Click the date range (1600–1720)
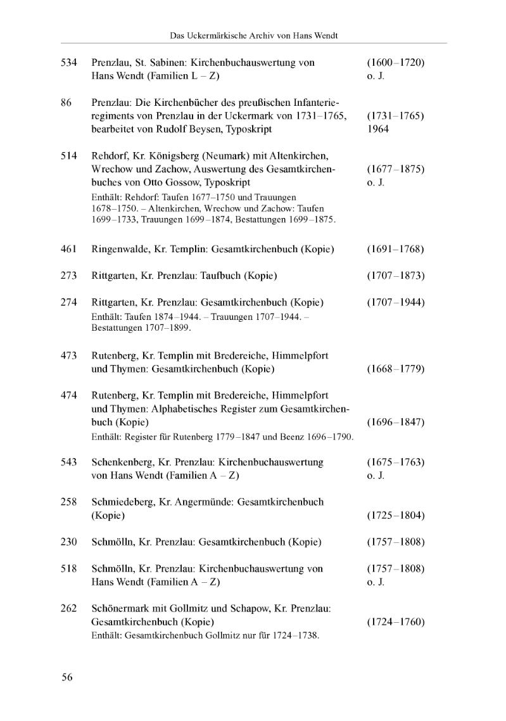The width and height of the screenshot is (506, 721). coord(395,63)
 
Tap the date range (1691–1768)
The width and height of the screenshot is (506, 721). coord(395,249)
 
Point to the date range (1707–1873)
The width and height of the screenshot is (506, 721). coord(395,276)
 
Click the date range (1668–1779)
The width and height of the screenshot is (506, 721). coord(395,369)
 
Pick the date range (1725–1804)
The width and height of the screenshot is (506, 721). coord(395,515)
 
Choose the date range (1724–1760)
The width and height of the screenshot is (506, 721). coord(395,622)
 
